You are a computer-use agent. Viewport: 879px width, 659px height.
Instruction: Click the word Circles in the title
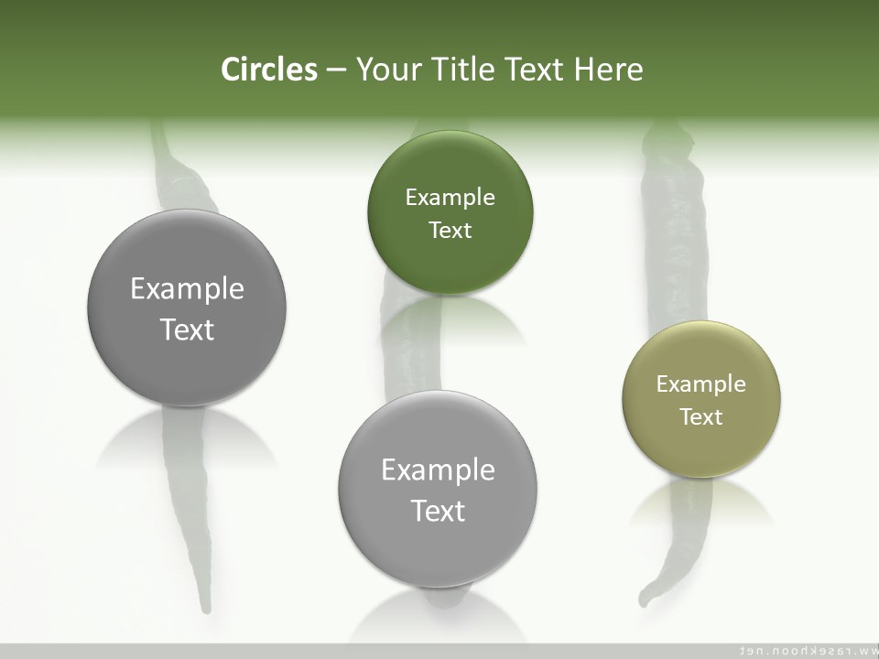tap(269, 70)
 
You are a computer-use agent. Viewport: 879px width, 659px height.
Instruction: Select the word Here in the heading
tap(609, 70)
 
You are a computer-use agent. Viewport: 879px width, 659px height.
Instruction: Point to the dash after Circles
tap(336, 70)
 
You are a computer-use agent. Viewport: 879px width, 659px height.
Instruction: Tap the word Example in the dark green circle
tap(450, 198)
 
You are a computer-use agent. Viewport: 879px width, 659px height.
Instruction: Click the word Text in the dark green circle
tap(450, 231)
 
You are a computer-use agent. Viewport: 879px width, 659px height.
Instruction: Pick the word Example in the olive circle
tap(701, 384)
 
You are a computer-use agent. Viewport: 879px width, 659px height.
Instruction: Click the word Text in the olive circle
tap(701, 417)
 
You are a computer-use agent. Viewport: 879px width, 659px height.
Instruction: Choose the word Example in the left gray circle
tap(187, 289)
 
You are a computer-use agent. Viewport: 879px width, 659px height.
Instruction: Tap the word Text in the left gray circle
tap(187, 329)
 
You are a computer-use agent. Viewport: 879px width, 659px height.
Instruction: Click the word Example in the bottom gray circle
tap(438, 470)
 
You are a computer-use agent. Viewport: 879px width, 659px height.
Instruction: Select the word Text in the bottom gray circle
tap(438, 511)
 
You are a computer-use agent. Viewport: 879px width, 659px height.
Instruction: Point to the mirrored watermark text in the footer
tap(806, 651)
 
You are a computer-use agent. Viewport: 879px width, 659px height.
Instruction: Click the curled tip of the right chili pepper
tap(646, 600)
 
